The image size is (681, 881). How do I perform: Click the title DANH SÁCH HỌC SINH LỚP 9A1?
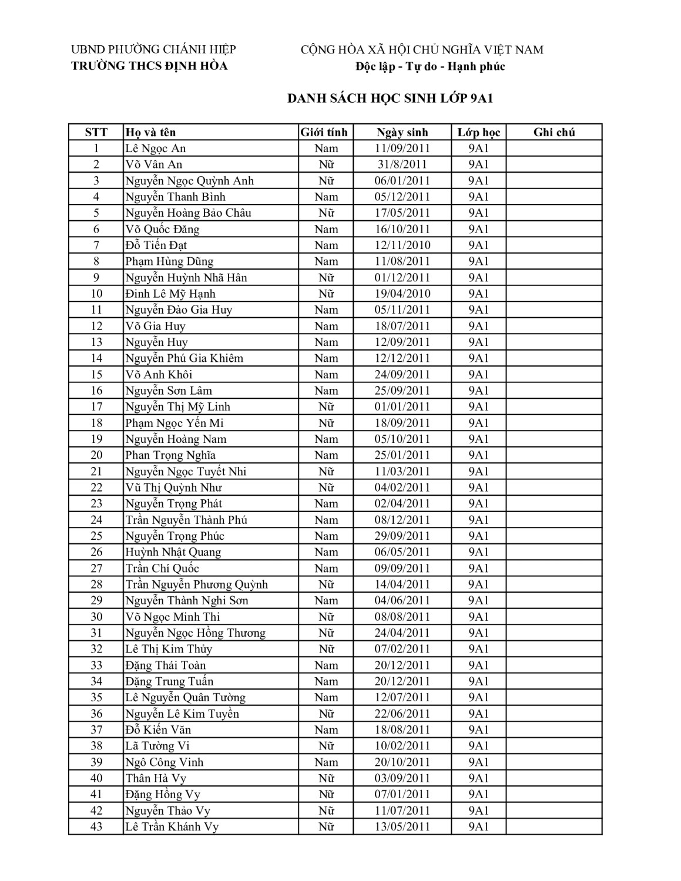390,99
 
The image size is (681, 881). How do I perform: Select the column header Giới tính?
324,132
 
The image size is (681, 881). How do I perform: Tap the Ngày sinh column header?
402,132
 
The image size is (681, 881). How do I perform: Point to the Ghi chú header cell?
553,132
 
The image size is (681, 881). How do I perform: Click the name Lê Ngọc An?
155,149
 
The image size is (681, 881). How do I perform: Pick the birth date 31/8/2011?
402,164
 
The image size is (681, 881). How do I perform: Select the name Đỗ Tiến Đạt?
156,246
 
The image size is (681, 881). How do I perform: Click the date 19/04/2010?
402,294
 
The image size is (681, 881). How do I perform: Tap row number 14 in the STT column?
96,358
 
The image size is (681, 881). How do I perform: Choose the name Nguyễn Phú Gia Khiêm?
184,358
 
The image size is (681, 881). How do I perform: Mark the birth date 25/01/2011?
402,455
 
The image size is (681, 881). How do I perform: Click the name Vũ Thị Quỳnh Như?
173,487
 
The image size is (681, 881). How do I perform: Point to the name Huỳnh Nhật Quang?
173,552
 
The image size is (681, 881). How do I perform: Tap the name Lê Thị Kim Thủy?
169,649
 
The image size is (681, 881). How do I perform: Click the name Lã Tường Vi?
157,746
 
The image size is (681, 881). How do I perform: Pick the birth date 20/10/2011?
402,762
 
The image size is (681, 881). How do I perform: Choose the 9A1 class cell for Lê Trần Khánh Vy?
478,827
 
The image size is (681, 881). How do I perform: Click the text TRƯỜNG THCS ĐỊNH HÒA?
149,66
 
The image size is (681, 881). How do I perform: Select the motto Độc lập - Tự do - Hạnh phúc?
430,66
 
